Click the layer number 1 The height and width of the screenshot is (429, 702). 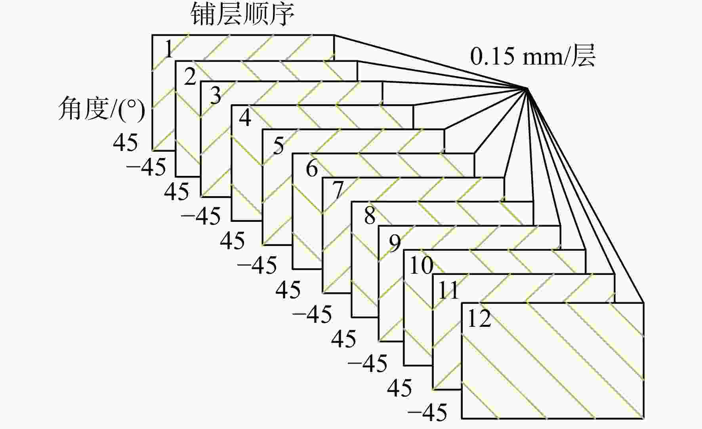[169, 49]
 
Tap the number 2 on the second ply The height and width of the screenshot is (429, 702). [190, 76]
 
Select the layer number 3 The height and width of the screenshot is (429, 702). [216, 95]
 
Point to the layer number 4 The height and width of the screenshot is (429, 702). [245, 118]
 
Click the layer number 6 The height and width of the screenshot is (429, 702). [312, 168]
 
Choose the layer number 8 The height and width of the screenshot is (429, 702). [370, 216]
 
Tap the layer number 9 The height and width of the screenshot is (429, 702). [395, 243]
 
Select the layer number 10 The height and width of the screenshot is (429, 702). [421, 265]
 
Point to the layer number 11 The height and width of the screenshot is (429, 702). [448, 290]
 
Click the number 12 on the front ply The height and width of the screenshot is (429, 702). [479, 318]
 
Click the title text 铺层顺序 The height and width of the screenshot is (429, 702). [242, 14]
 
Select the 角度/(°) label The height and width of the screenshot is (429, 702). [102, 109]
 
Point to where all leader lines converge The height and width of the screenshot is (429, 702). [528, 88]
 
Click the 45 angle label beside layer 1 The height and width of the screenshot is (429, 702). [126, 142]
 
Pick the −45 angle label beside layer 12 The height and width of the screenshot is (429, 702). [427, 412]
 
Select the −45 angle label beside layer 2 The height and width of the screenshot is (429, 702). [146, 167]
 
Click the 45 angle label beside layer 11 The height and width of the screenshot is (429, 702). [399, 388]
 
